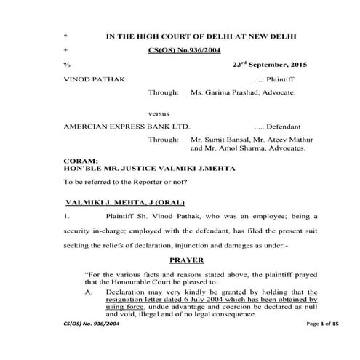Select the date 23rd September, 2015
coord(266,64)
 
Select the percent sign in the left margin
coord(66,65)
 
